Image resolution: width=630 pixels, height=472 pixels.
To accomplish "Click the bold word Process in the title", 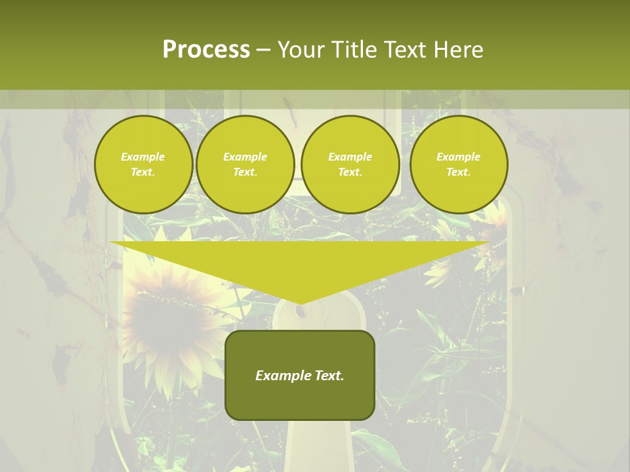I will pos(206,50).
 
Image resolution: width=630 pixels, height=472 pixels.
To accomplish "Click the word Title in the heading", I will pos(353,50).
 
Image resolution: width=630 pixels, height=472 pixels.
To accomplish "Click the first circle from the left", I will pos(144,165).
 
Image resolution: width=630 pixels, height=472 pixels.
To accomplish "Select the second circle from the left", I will pos(245,165).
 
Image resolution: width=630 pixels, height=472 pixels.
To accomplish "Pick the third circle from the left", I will pos(350,165).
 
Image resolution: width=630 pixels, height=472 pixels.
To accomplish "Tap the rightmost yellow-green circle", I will pos(459,165).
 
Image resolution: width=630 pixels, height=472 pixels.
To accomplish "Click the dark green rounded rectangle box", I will pos(300,375).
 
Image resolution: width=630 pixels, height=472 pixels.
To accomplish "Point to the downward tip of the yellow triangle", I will pos(300,303).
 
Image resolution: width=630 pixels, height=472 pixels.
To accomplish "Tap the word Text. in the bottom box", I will pos(329,376).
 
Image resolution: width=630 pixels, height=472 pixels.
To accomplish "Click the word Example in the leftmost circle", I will pos(143,157).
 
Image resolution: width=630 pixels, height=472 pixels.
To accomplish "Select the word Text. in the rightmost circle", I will pos(459,172).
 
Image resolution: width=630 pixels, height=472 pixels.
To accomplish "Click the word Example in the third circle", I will pos(350,157).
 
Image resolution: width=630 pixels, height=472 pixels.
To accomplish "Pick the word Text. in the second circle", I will pos(245,172).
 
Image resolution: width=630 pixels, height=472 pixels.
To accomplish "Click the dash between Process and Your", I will pos(263,50).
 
